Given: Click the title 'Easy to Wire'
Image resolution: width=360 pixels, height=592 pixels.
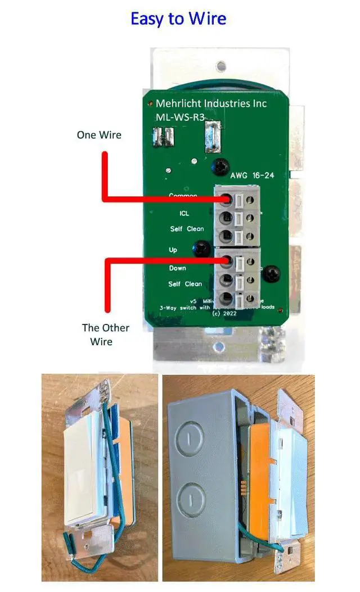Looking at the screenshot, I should [x=178, y=19].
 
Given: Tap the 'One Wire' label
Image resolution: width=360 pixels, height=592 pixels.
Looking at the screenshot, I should [x=99, y=135].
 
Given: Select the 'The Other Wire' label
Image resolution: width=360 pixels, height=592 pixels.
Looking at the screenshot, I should [x=106, y=335].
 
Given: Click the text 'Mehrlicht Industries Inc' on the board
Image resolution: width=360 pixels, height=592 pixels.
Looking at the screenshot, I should [x=211, y=103].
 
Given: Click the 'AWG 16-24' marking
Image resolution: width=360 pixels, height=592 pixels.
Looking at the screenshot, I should [x=252, y=175].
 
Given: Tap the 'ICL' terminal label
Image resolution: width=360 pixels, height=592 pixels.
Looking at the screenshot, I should [x=184, y=214].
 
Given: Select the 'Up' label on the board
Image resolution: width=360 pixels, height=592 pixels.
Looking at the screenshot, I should [x=173, y=250].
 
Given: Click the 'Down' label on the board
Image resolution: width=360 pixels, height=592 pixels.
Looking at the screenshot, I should [x=177, y=268].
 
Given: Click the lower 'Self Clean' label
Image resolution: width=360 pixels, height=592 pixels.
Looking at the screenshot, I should [x=185, y=284].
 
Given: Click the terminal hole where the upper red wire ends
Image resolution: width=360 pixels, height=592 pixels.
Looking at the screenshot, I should [x=227, y=199].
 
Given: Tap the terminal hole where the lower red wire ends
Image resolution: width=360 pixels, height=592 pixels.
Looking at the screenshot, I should [x=227, y=261].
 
